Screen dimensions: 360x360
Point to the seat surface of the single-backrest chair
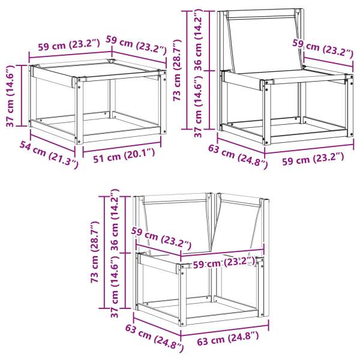click(x=282, y=77)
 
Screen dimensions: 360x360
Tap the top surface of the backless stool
click(x=96, y=71)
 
